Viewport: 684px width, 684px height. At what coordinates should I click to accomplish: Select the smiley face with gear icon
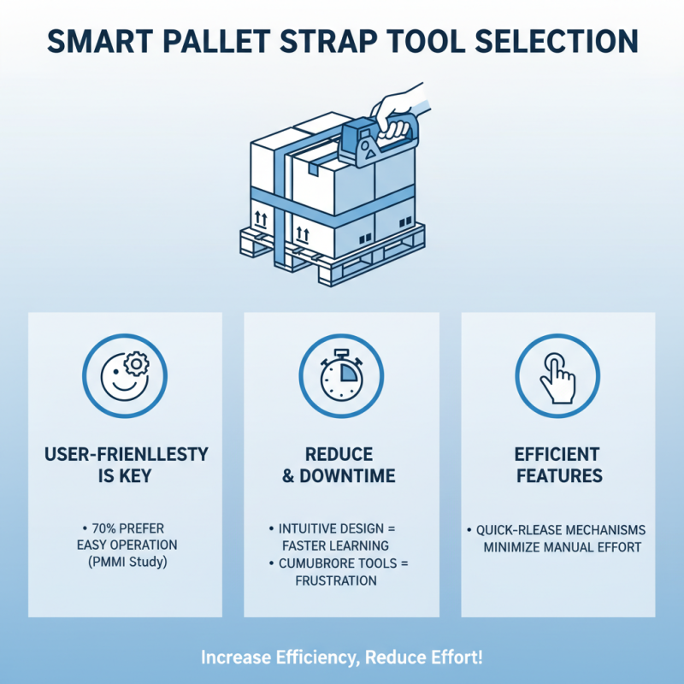point(125,374)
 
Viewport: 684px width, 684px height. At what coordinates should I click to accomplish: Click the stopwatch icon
point(341,374)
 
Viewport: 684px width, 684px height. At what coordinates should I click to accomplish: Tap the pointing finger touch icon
point(557,374)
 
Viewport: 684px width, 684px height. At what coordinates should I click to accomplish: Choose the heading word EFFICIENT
point(557,454)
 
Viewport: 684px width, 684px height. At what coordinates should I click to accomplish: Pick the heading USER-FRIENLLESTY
point(125,454)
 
